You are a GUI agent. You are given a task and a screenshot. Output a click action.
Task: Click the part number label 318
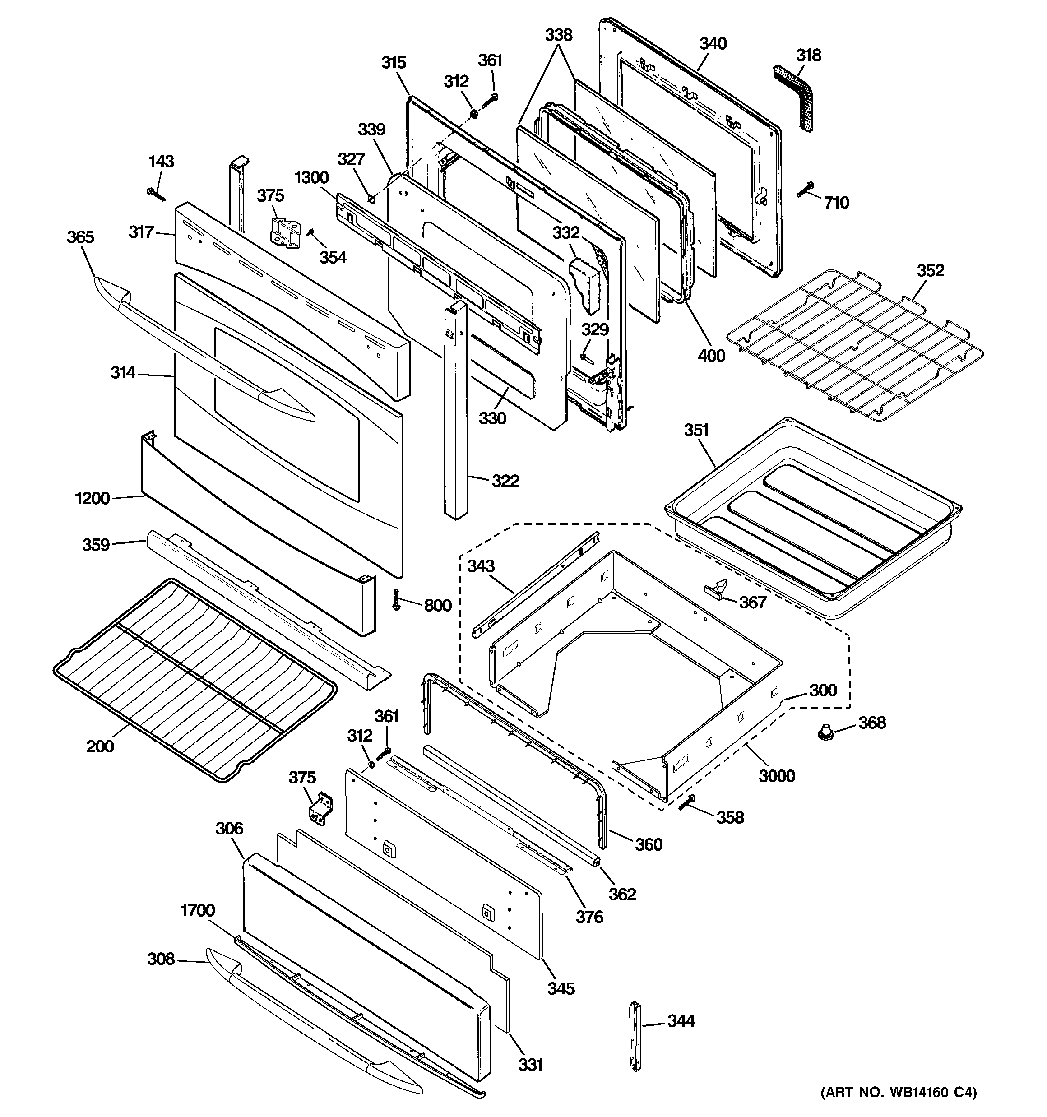point(809,55)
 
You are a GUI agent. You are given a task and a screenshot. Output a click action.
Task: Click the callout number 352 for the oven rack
point(931,270)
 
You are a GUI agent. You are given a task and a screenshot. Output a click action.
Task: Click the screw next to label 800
point(397,601)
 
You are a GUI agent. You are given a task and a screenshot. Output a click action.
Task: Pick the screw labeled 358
point(687,802)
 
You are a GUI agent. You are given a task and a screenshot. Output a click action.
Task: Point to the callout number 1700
point(197,910)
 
